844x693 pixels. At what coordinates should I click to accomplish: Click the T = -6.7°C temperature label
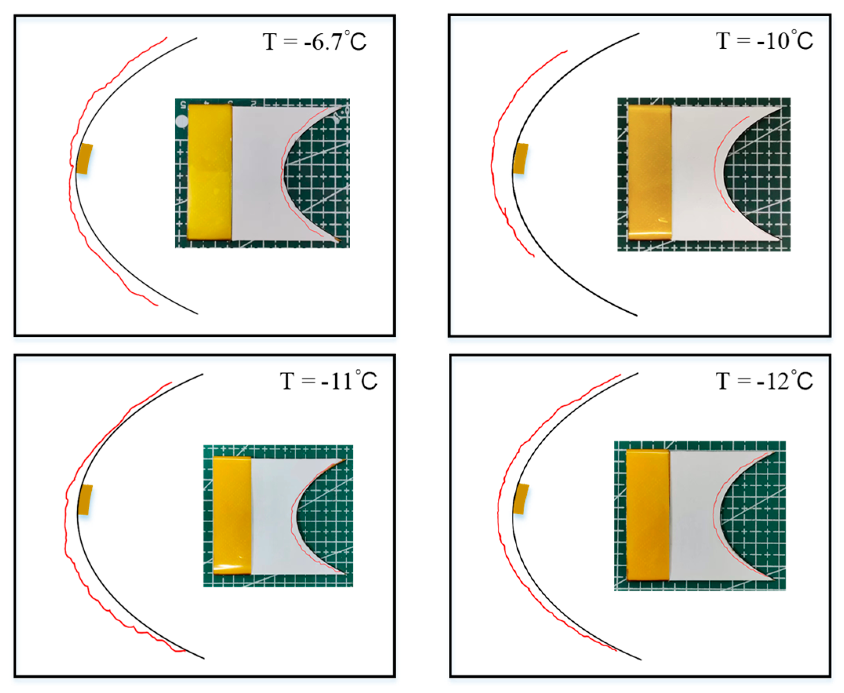pos(314,42)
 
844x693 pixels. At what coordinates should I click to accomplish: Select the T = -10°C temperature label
pos(764,41)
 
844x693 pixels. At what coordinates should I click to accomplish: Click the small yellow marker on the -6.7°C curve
pos(84,159)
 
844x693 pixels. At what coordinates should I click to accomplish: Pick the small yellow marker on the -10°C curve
pos(521,159)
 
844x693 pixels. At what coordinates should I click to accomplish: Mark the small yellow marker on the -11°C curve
pos(85,500)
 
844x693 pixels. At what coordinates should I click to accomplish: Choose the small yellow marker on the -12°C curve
pos(521,499)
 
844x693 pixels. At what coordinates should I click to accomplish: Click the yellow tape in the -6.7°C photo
pos(209,172)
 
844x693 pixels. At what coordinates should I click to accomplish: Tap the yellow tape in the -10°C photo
pos(649,172)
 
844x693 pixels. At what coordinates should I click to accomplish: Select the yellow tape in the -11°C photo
pos(232,515)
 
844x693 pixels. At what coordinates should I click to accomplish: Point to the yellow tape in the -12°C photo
pos(648,514)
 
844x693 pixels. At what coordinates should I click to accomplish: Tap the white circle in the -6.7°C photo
pos(182,121)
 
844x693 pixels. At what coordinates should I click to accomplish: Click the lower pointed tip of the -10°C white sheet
pos(779,239)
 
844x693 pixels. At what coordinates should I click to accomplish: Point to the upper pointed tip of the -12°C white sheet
pos(774,453)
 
